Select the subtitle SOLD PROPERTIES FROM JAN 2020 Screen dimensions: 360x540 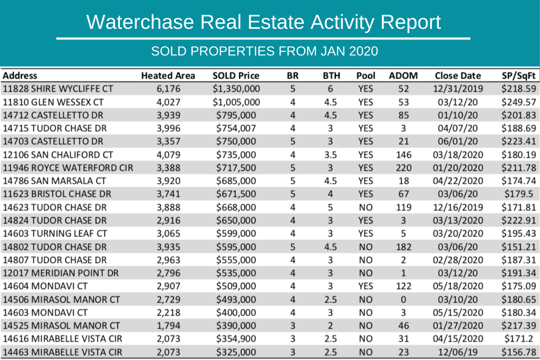pos(264,51)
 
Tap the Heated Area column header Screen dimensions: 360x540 pos(168,76)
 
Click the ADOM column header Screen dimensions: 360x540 pos(403,76)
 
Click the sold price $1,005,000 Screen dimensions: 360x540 pos(236,102)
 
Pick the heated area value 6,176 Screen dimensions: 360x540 pos(168,89)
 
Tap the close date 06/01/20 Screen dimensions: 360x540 pos(458,141)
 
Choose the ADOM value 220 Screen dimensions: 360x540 pos(403,168)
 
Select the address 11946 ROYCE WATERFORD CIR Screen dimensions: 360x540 pos(68,168)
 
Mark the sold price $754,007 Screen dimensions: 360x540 pos(236,128)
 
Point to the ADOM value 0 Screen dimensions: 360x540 pos(403,299)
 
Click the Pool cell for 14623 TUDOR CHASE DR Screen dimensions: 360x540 pos(366,208)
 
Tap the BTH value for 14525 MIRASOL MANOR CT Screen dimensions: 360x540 pos(330,326)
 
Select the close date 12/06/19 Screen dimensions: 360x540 pos(458,352)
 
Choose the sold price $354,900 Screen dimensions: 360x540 pos(236,339)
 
